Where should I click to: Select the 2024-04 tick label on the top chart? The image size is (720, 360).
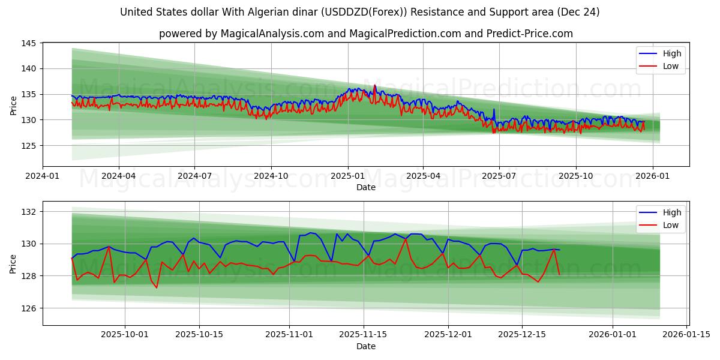pos(119,176)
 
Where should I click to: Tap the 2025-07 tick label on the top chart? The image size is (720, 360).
pos(499,176)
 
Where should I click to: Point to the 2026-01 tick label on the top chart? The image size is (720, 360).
pos(652,176)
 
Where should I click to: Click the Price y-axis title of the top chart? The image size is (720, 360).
pos(14,105)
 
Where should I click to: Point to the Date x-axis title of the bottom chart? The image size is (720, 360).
pos(365,346)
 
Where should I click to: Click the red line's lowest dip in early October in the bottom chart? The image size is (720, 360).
pos(157,287)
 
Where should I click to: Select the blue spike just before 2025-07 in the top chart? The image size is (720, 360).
pos(494,110)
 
